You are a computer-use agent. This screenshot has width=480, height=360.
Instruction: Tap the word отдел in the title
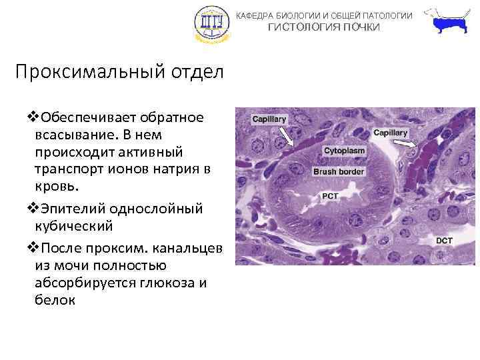coord(197,72)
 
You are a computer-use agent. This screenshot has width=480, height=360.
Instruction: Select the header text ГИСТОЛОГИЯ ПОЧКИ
coord(324,27)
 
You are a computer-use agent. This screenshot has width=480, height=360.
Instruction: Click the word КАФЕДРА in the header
coord(255,15)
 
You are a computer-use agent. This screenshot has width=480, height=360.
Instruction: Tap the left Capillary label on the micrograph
coord(269,119)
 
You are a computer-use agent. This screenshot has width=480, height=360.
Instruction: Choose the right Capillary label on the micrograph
coord(390,133)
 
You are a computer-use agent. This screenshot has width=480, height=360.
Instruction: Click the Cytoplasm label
coord(344,151)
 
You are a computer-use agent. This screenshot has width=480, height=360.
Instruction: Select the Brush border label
coord(343,171)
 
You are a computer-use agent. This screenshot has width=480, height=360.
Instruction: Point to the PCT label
coord(330,197)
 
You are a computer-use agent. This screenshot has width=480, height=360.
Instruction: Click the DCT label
coord(445,240)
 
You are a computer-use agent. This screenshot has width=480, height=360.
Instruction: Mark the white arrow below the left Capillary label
coord(285,137)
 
